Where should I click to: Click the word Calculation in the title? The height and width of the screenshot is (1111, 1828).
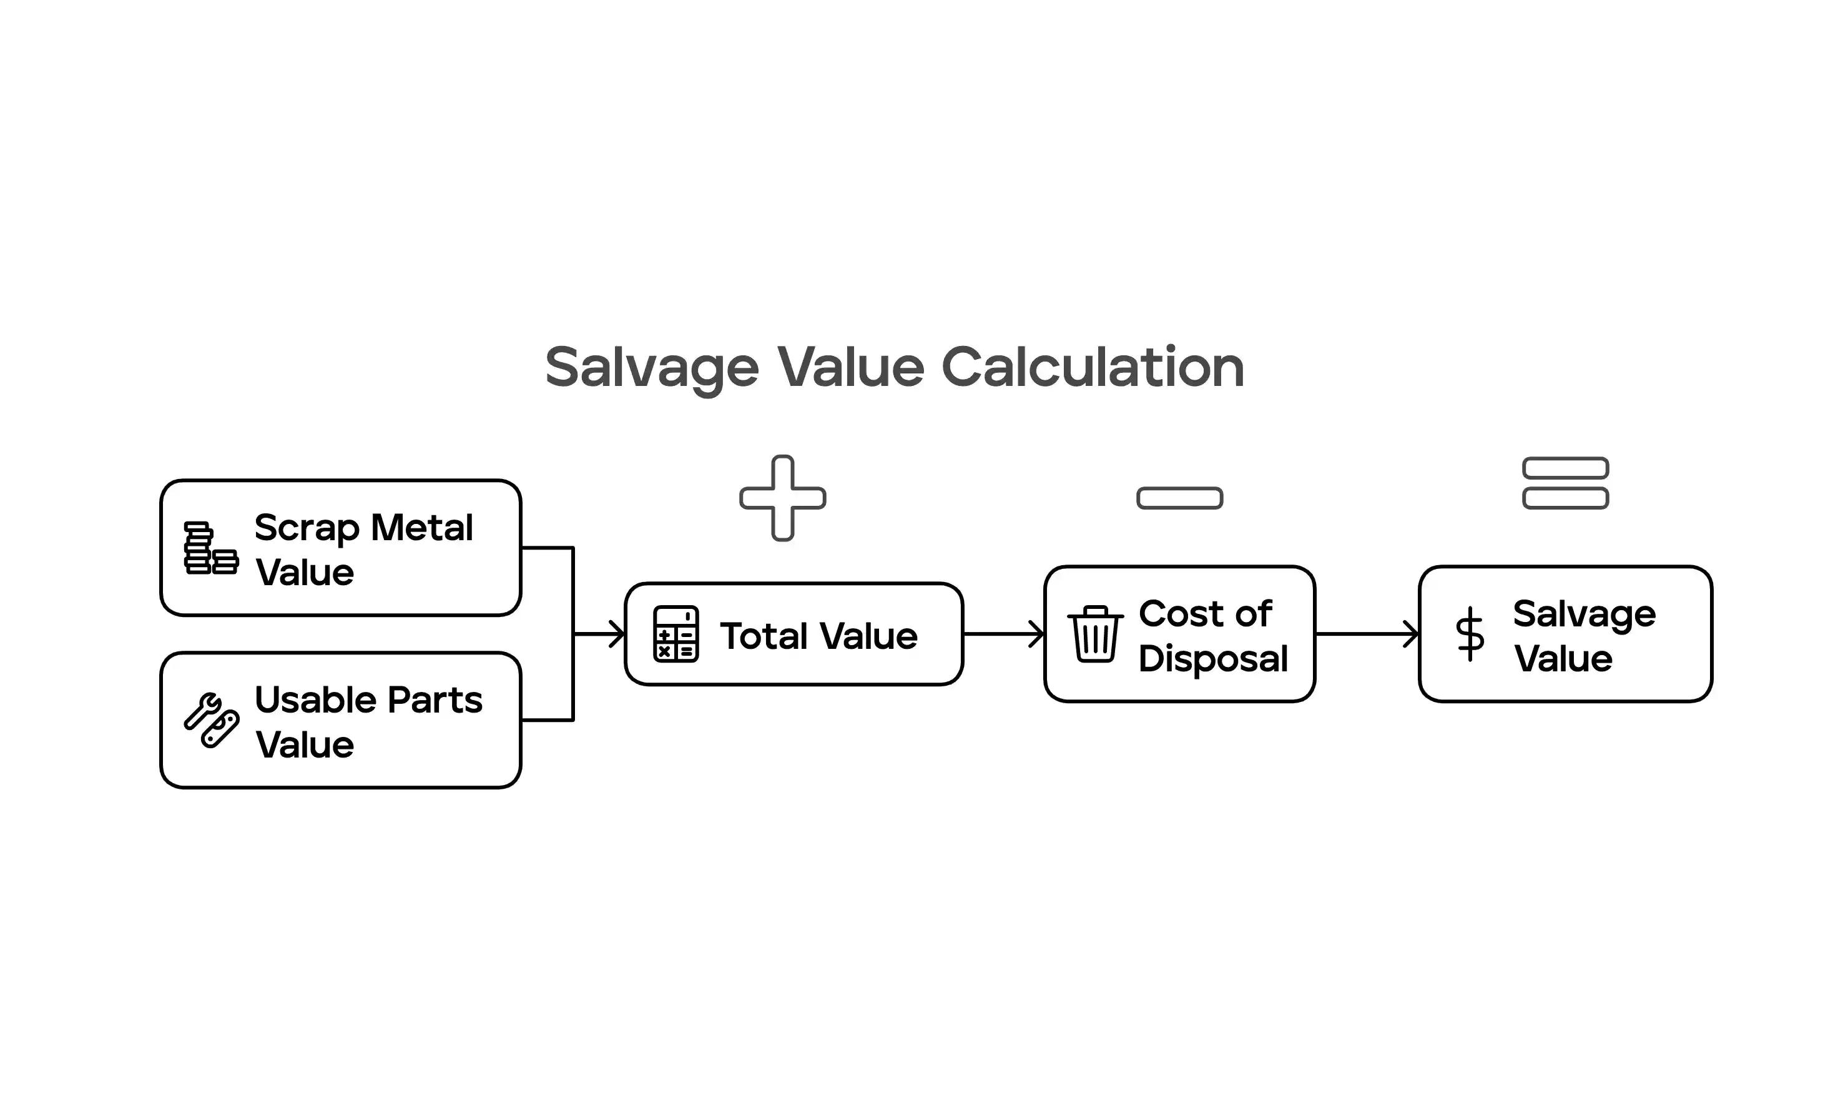point(1092,367)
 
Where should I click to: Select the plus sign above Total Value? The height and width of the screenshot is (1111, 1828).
point(783,498)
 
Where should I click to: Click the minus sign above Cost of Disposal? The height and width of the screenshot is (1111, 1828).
point(1179,498)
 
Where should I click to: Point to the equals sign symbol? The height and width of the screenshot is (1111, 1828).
point(1565,483)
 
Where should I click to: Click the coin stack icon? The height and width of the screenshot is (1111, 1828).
point(210,548)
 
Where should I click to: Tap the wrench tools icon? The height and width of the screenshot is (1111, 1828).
point(210,721)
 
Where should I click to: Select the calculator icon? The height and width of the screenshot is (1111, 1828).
point(675,634)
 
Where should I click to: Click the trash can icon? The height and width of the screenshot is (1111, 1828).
point(1095,634)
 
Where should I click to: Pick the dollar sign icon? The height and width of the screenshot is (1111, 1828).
point(1470,634)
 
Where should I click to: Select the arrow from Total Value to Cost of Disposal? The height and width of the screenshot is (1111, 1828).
point(1004,634)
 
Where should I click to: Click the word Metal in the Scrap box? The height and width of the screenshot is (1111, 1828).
point(421,528)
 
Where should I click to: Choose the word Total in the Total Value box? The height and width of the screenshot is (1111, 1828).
point(764,636)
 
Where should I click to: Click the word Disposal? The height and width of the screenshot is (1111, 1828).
point(1213,659)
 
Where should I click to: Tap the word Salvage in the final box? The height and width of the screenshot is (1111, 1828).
point(1584,615)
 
